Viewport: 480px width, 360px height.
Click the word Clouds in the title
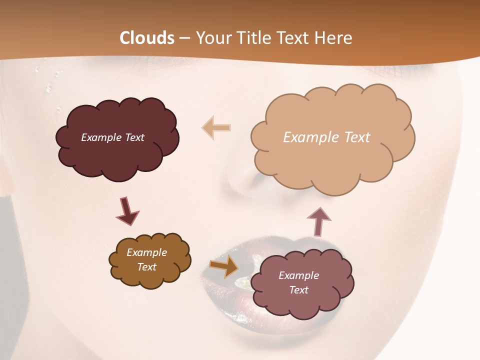(147, 38)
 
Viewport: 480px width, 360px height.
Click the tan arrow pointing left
(216, 127)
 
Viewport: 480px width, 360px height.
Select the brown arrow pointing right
(224, 266)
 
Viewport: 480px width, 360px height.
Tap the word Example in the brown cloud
(146, 253)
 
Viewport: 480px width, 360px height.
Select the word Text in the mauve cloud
(298, 290)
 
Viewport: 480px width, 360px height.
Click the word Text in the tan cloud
(357, 137)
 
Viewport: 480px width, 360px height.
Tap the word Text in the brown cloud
(146, 267)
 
